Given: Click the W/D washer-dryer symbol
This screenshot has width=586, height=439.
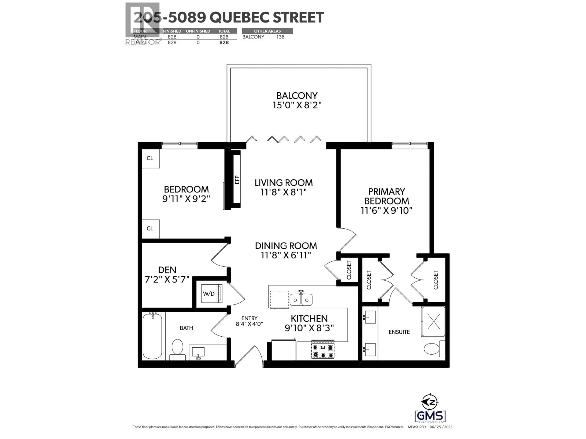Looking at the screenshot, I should pyautogui.click(x=211, y=293).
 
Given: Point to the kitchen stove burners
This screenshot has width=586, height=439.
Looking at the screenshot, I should pyautogui.click(x=323, y=351).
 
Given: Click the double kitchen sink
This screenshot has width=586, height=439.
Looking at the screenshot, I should pyautogui.click(x=301, y=300).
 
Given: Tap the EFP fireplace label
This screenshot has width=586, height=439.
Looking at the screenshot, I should pyautogui.click(x=237, y=180).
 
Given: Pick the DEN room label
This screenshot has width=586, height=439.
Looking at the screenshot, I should pyautogui.click(x=167, y=270).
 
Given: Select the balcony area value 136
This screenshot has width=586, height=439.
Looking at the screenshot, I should pyautogui.click(x=280, y=37).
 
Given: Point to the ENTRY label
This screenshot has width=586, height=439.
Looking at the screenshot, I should pyautogui.click(x=249, y=318).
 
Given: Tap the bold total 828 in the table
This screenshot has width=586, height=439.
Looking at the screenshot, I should pyautogui.click(x=224, y=43).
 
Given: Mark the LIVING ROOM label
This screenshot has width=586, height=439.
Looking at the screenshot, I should pyautogui.click(x=284, y=183).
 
